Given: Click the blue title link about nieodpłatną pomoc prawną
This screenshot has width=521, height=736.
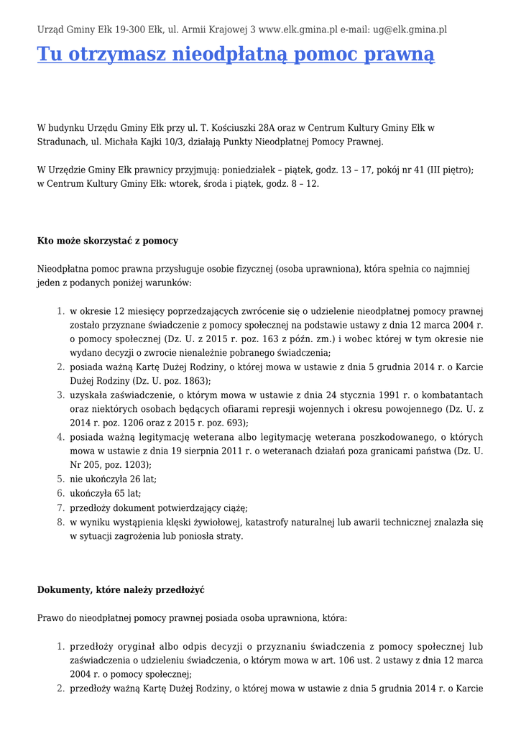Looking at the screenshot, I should click(x=236, y=55).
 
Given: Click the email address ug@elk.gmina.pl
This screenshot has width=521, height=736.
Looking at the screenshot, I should click(x=410, y=29).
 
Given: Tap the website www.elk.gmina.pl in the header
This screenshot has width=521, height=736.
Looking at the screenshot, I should click(x=298, y=29).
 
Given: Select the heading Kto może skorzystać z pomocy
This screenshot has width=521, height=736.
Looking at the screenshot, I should click(x=107, y=241).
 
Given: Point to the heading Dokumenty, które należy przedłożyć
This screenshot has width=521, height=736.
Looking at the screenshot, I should click(x=121, y=589).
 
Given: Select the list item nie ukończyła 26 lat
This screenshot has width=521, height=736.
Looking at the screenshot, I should click(x=113, y=479).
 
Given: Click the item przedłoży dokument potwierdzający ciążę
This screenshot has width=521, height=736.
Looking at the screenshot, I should click(x=158, y=507).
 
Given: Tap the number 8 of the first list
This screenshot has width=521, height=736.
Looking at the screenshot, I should click(x=60, y=522).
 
